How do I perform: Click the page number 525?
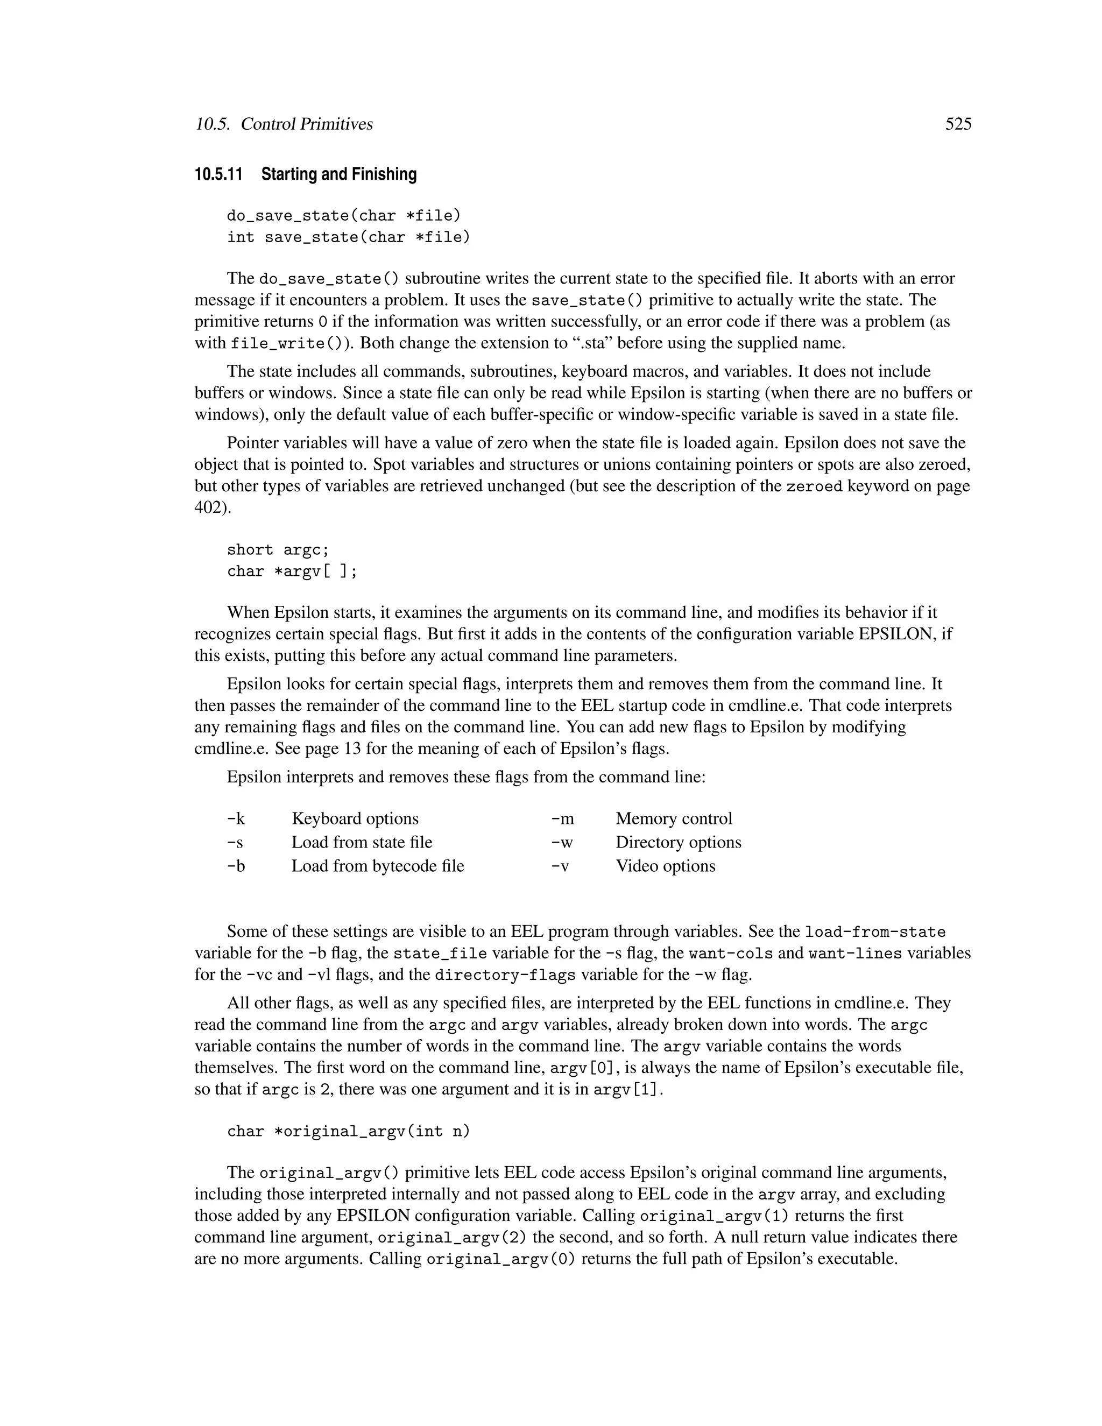point(958,124)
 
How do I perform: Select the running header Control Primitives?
point(306,124)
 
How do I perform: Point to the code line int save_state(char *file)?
point(348,237)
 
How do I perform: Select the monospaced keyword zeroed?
point(814,486)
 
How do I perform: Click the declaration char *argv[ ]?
point(292,571)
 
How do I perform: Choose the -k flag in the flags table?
point(236,819)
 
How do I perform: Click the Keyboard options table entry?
point(355,819)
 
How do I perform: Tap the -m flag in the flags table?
point(562,819)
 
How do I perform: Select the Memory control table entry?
point(673,819)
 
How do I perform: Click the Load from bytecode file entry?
point(377,866)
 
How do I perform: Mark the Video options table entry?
point(665,866)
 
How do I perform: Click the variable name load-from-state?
point(875,931)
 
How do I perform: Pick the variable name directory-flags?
point(505,976)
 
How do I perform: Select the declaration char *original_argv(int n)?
point(348,1131)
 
